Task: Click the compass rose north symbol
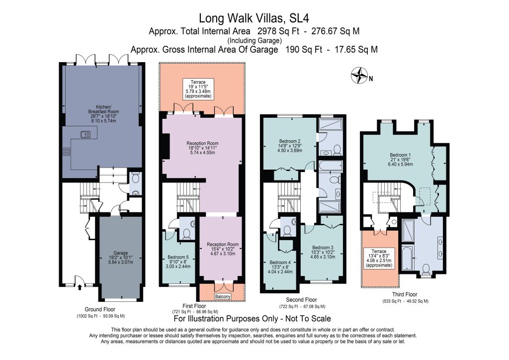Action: (360, 75)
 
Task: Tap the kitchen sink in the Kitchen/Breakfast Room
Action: (85, 134)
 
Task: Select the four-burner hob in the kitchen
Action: (66, 152)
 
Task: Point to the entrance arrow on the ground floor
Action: (80, 287)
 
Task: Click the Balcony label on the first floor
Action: (223, 296)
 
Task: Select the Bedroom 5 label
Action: (178, 262)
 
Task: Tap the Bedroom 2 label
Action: (290, 146)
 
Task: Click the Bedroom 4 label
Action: (280, 267)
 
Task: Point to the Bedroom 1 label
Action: (400, 160)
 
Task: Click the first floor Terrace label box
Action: (198, 89)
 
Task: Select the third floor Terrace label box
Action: (379, 259)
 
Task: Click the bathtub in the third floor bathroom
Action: (407, 258)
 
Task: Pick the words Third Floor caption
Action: (405, 294)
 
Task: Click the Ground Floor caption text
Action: (100, 309)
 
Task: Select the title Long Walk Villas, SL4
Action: (254, 18)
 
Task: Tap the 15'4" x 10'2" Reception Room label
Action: (223, 249)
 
